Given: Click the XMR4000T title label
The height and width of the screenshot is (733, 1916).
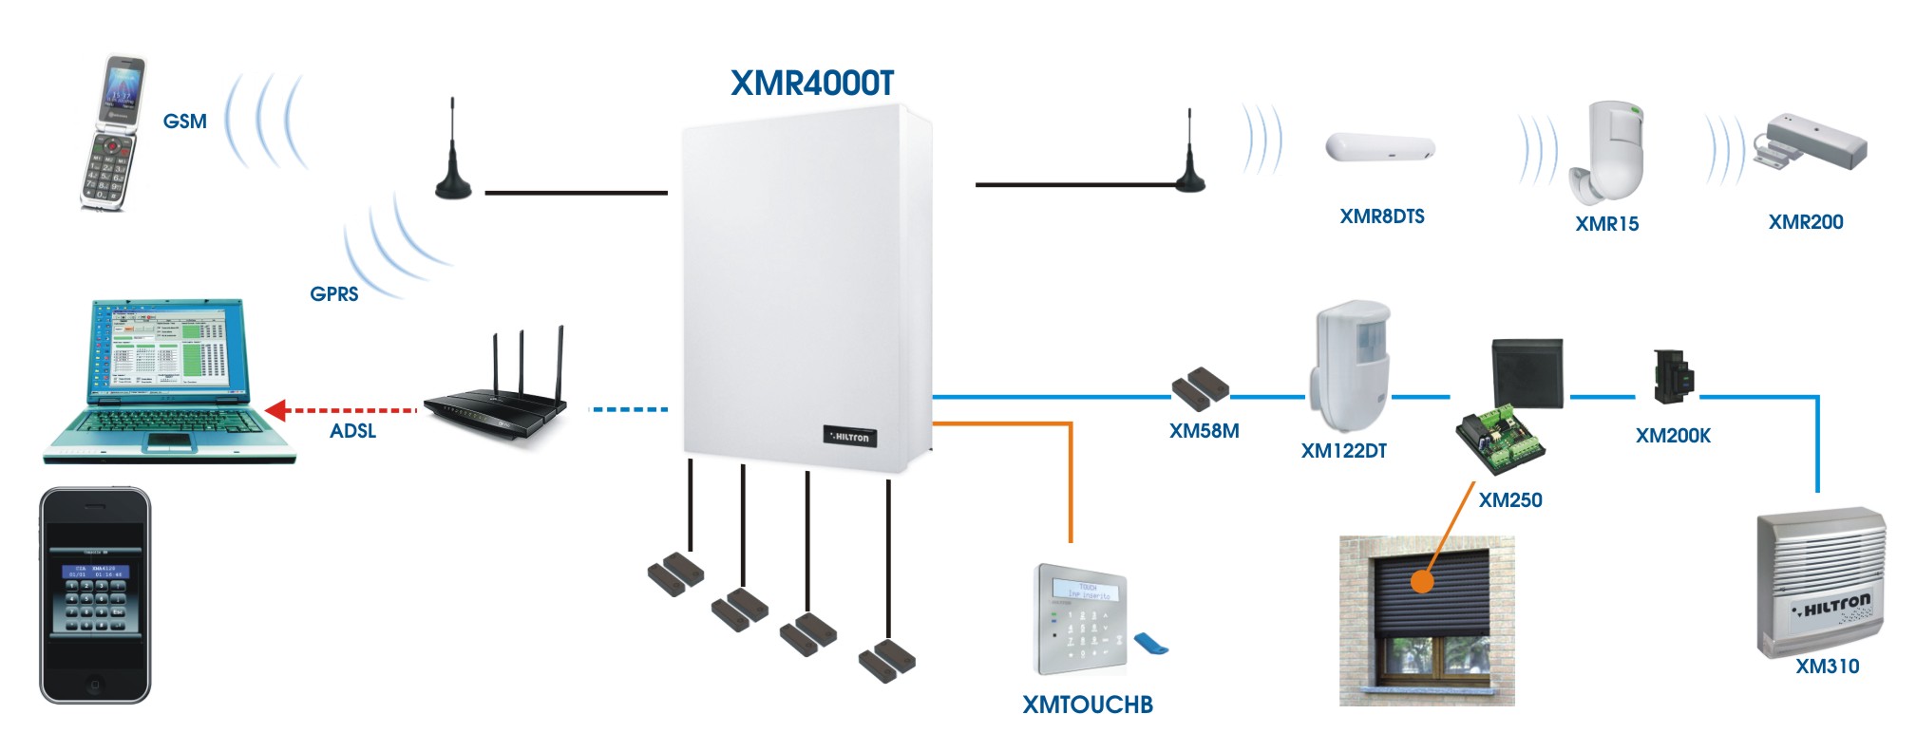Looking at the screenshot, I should coord(812,84).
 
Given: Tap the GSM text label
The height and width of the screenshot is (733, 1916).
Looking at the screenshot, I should coord(184,122).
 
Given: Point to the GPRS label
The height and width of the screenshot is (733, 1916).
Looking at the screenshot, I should coord(334,294).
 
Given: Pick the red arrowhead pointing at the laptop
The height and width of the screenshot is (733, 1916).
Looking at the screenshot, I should coord(276,410).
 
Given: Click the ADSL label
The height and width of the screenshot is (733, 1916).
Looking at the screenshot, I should coord(353,431).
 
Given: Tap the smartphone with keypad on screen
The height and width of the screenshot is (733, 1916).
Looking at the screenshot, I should coord(95,595).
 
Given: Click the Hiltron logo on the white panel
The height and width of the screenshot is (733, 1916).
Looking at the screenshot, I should coord(849,437).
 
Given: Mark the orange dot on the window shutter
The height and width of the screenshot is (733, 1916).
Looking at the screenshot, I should coord(1421,581).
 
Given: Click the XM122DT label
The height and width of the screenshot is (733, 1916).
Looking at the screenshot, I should coord(1343,451).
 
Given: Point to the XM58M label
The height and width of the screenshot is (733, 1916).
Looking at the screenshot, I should coord(1204,431).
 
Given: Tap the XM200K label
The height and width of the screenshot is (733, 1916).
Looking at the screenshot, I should coord(1673,436).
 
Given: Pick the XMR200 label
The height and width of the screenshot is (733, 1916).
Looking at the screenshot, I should coord(1805,222).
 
